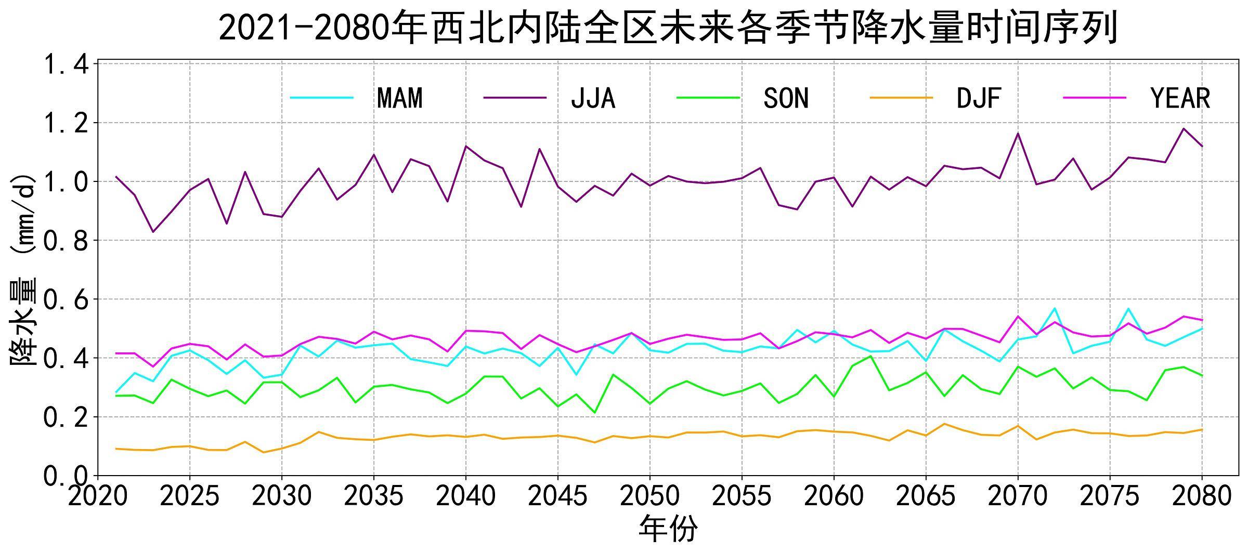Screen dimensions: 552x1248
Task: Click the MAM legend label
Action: [399, 98]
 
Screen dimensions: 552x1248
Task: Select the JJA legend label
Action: [593, 98]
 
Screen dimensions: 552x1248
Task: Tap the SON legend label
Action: [786, 98]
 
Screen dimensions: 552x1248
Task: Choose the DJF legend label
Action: [979, 98]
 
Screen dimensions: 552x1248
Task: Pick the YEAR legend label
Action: [1180, 98]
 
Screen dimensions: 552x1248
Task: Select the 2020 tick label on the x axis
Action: [98, 496]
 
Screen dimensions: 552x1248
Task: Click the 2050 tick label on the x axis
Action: [650, 496]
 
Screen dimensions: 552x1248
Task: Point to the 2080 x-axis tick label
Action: [1202, 496]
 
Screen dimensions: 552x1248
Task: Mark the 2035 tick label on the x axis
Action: [374, 496]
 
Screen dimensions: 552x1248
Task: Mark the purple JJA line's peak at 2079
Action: [1184, 128]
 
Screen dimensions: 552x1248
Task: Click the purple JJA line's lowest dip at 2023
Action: [153, 232]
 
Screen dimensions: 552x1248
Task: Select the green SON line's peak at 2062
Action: [871, 356]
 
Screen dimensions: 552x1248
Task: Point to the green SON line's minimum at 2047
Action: [595, 413]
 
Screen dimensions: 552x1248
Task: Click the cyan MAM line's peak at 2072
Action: [1055, 308]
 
